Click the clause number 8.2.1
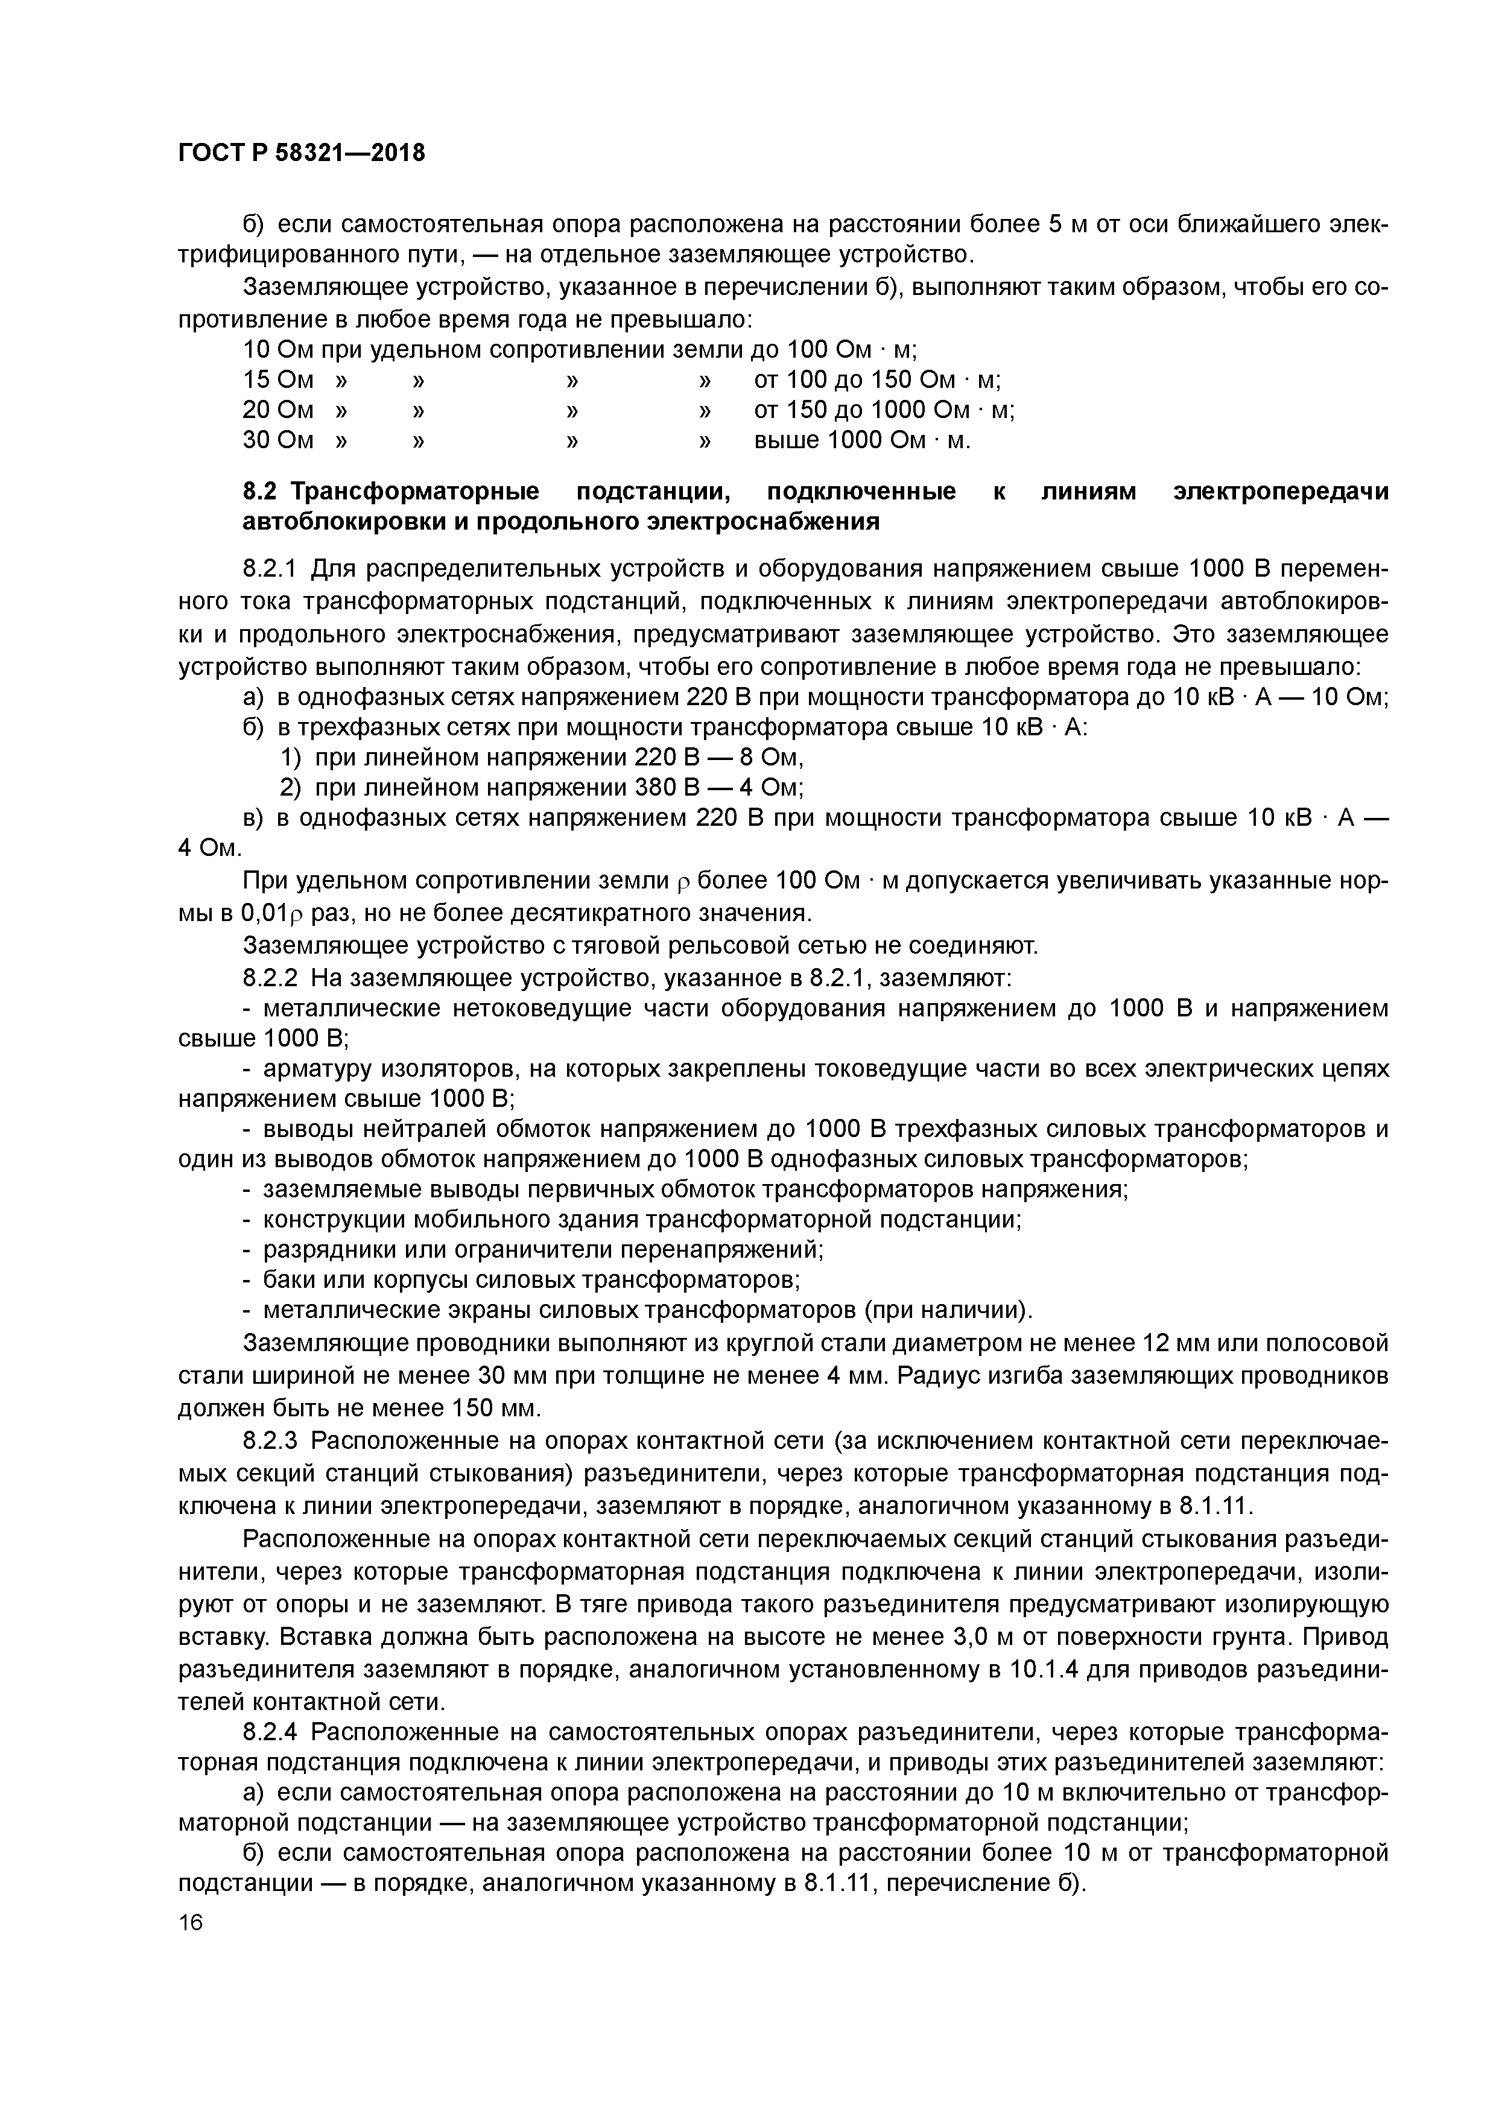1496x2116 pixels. tap(271, 569)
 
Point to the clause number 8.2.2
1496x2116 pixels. tap(271, 977)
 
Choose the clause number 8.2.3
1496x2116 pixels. tap(271, 1440)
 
